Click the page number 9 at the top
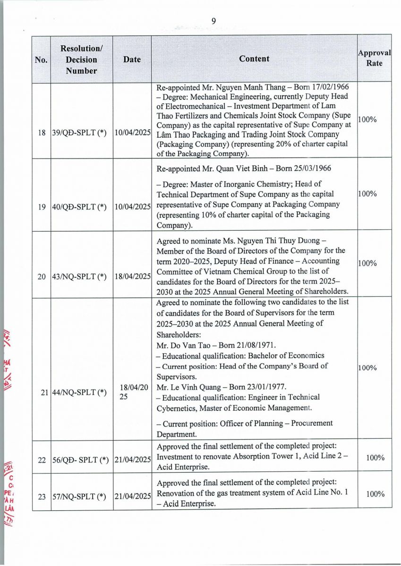click(213, 21)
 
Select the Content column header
click(254, 59)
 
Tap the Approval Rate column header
click(374, 58)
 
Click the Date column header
click(132, 59)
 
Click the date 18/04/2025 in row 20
click(132, 276)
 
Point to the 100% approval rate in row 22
click(375, 458)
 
